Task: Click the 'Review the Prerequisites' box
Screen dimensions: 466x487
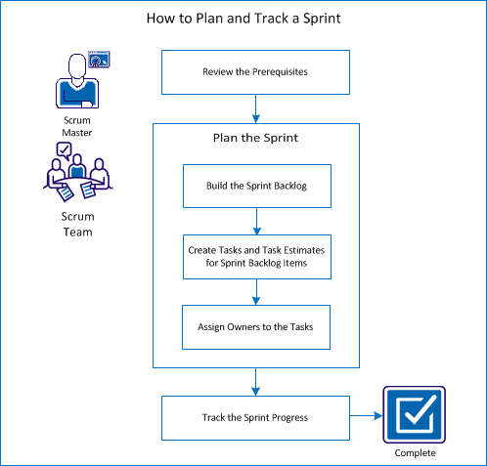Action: [255, 72]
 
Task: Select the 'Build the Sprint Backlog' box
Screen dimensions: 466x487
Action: [255, 186]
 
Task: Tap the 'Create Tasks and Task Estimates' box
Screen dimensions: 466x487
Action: [255, 256]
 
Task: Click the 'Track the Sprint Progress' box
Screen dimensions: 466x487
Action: [255, 417]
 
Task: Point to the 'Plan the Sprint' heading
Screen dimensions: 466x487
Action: [255, 138]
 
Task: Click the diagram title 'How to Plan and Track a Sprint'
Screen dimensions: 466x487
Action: [243, 18]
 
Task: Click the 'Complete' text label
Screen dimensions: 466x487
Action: [415, 454]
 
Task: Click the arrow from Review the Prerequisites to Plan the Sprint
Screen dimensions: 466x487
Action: [255, 107]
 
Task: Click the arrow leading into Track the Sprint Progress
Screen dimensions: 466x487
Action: [255, 381]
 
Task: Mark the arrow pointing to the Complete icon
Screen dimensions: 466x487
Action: [366, 417]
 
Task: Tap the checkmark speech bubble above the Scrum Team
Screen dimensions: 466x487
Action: [66, 149]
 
